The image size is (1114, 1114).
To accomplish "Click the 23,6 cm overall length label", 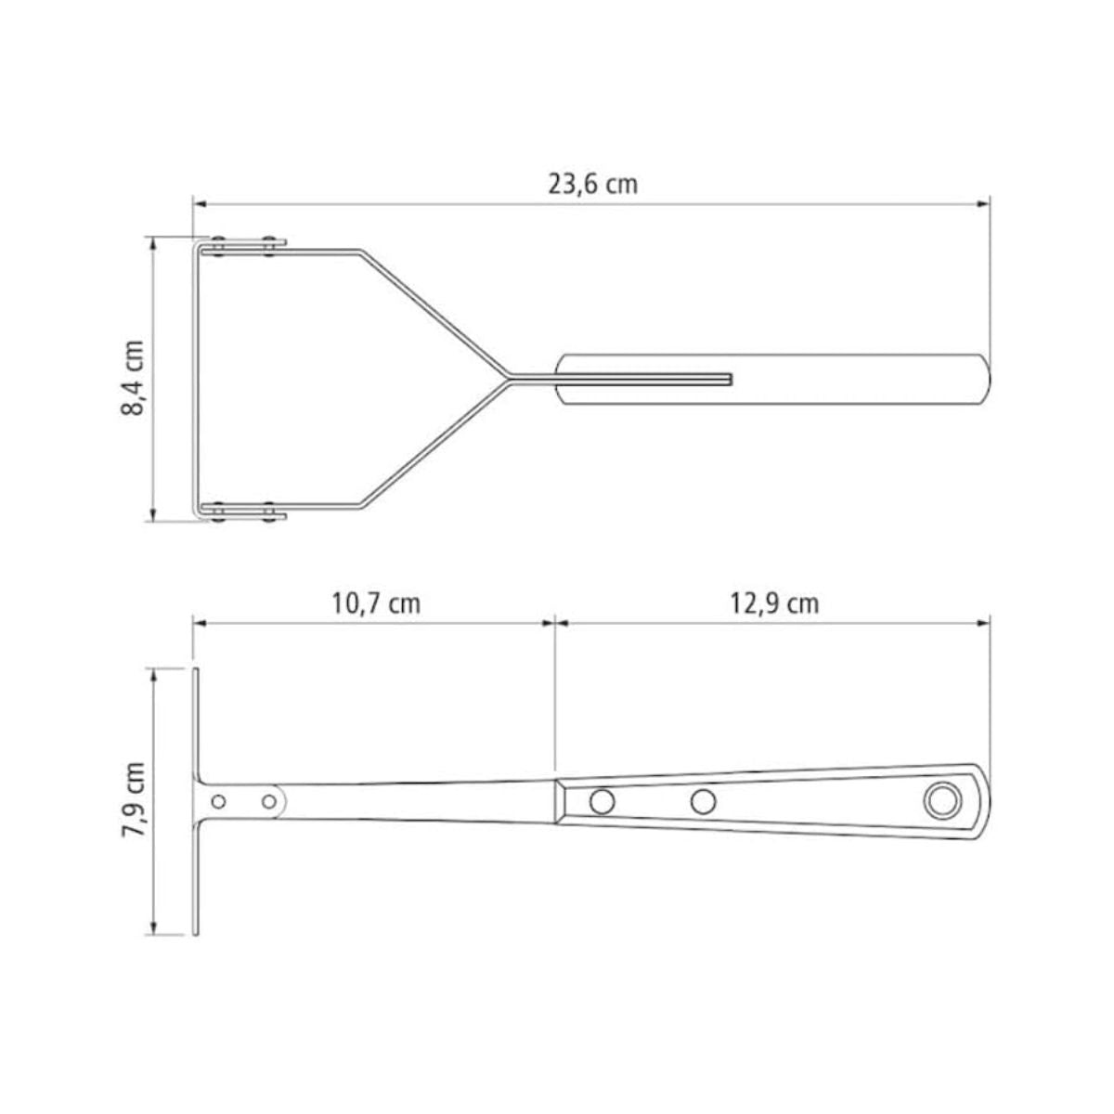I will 592,183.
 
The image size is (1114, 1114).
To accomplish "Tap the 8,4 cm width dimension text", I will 133,378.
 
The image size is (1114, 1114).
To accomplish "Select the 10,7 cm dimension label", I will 376,603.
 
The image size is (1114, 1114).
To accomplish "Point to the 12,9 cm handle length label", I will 774,603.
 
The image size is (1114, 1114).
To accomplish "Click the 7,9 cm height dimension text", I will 133,800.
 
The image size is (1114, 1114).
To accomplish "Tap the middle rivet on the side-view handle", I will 704,800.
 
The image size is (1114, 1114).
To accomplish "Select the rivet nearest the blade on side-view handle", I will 602,800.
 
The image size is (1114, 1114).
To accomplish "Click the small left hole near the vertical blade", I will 219,800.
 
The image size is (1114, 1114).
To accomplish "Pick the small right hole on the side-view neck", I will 269,800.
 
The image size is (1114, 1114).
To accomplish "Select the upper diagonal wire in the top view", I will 432,312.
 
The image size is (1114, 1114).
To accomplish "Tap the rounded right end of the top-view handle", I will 986,379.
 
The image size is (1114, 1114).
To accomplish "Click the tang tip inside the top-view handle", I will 730,379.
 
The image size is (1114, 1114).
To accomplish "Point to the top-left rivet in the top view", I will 219,246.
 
